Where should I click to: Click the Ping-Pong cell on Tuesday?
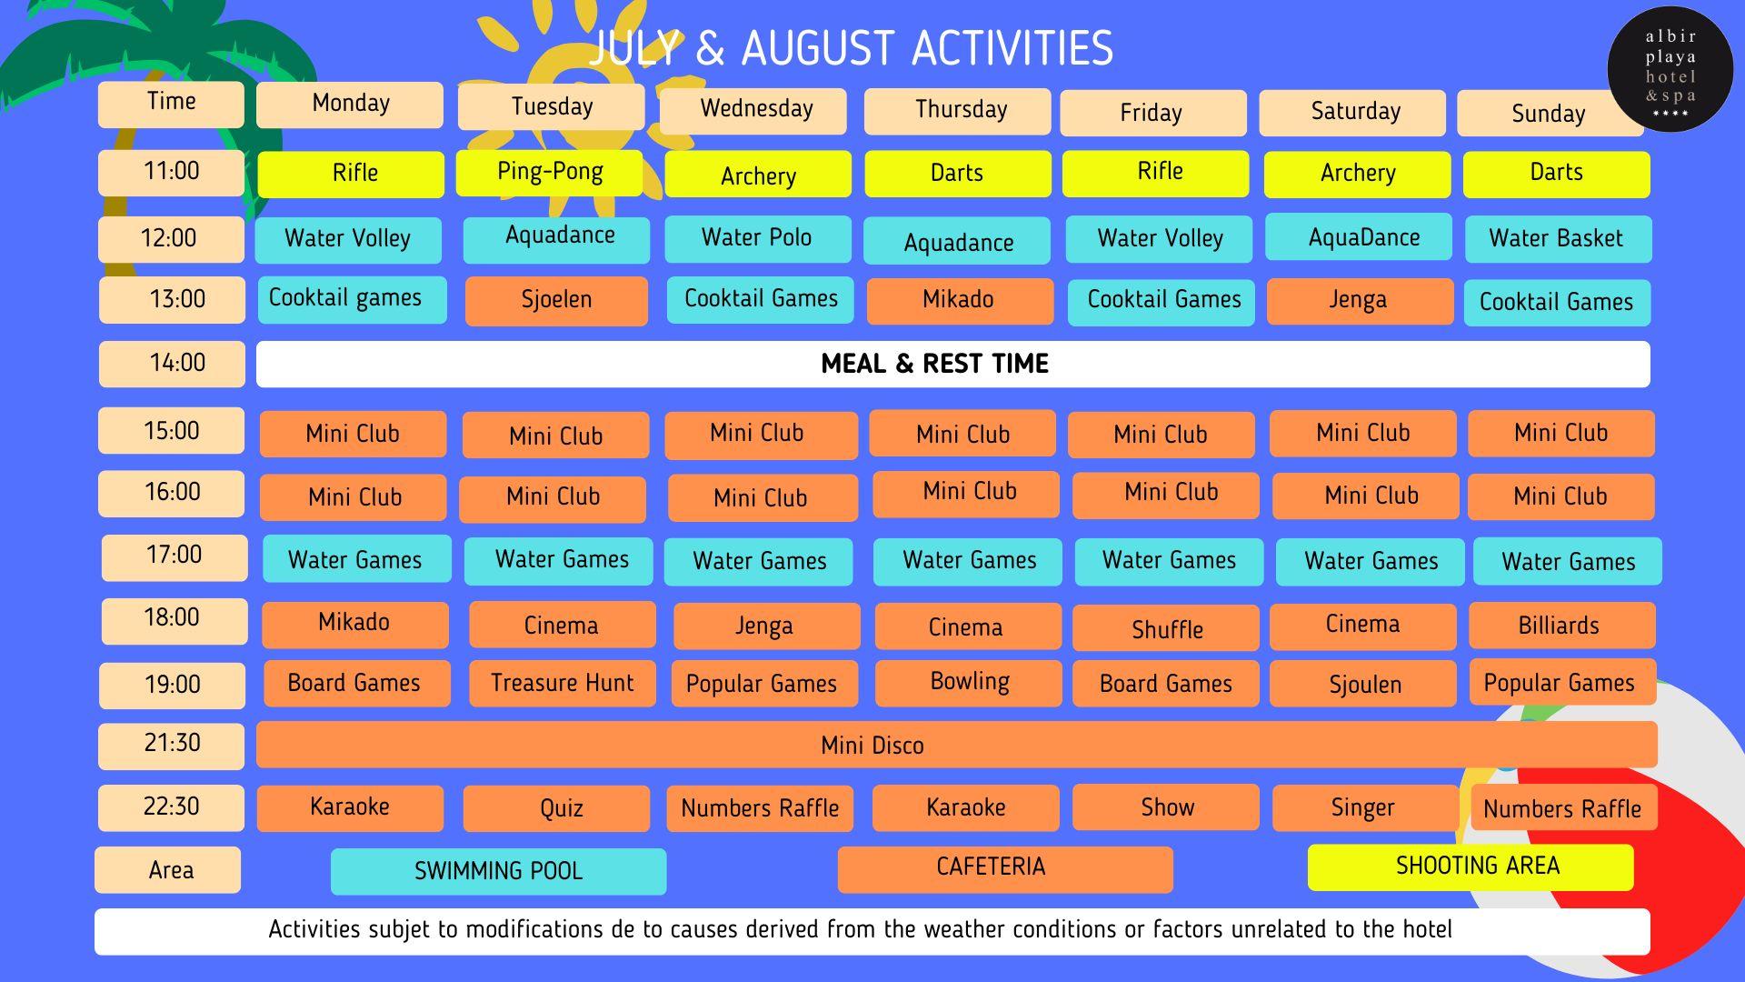pyautogui.click(x=549, y=172)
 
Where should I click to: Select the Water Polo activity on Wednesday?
pyautogui.click(x=758, y=238)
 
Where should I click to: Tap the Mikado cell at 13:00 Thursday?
pyautogui.click(x=960, y=301)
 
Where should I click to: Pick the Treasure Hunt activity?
pyautogui.click(x=563, y=683)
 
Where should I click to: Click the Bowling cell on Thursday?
pyautogui.click(x=969, y=683)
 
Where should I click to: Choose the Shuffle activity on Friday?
pyautogui.click(x=1166, y=628)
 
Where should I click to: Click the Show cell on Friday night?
pyautogui.click(x=1166, y=807)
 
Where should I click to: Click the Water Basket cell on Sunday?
pyautogui.click(x=1558, y=239)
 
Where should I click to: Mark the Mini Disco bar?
pyautogui.click(x=957, y=745)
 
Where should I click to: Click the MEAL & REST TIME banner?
pyautogui.click(x=953, y=364)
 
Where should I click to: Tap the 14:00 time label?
pyautogui.click(x=172, y=364)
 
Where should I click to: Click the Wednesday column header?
pyautogui.click(x=753, y=111)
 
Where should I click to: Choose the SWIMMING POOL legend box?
pyautogui.click(x=498, y=871)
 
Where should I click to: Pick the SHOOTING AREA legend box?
pyautogui.click(x=1471, y=867)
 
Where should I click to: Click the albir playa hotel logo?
pyautogui.click(x=1670, y=70)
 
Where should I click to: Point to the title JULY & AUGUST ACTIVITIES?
pyautogui.click(x=851, y=49)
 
